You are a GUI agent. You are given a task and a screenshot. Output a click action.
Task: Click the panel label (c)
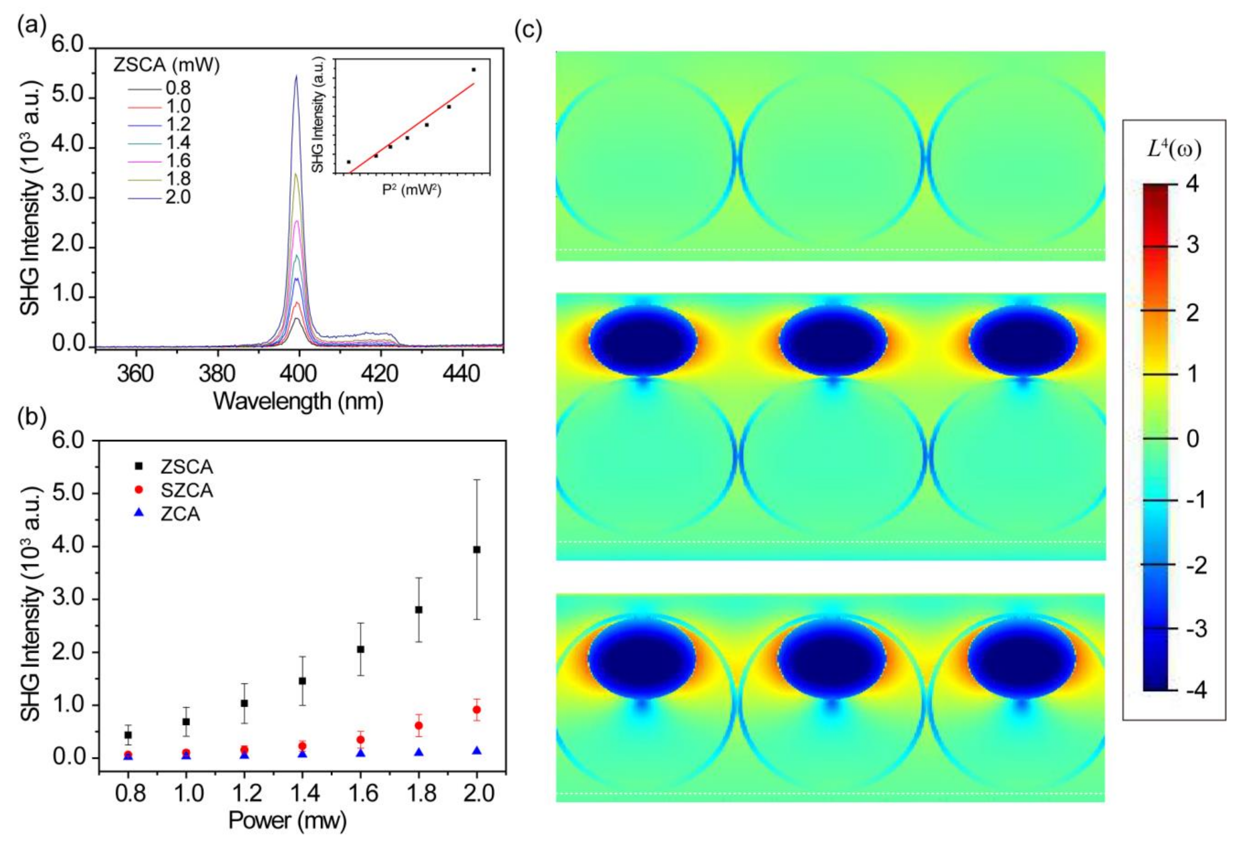pyautogui.click(x=528, y=31)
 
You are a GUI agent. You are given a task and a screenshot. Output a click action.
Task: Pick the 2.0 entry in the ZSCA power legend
pyautogui.click(x=178, y=197)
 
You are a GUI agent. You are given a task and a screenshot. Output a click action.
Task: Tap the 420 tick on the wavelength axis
pyautogui.click(x=380, y=373)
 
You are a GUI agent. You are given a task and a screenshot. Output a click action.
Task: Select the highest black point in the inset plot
pyautogui.click(x=473, y=70)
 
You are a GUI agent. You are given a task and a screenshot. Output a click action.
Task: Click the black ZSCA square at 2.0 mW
pyautogui.click(x=477, y=549)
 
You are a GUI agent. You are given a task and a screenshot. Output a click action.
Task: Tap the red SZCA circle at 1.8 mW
pyautogui.click(x=419, y=725)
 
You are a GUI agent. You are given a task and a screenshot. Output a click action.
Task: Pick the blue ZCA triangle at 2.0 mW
pyautogui.click(x=477, y=751)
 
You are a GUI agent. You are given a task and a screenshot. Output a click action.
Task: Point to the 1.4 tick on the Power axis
pyautogui.click(x=302, y=793)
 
